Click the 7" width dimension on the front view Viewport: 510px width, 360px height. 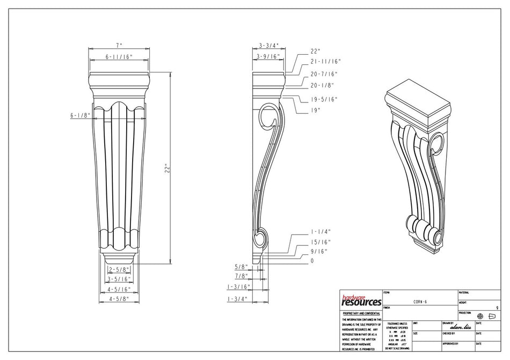(119, 46)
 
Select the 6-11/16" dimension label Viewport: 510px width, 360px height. (119, 56)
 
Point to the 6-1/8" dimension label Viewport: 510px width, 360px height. (78, 115)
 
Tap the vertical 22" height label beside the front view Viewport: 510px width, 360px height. (167, 168)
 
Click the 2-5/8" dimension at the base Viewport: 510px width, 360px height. (118, 269)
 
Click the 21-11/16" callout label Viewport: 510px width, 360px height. (325, 62)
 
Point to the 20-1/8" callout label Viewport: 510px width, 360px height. (322, 85)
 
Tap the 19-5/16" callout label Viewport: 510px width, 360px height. (324, 99)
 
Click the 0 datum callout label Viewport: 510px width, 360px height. (312, 261)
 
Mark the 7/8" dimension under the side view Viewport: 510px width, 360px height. (241, 276)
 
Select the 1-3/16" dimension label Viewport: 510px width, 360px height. (238, 287)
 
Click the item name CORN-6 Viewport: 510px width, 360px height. (420, 302)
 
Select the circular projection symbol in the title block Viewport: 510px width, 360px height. (480, 316)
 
